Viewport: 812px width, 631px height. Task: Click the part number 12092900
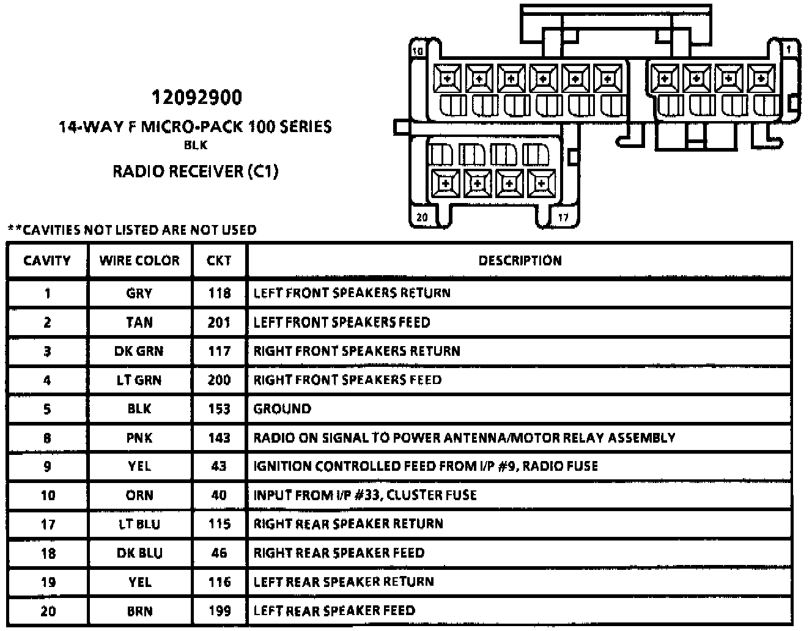196,98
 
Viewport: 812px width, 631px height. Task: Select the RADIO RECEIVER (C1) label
195,171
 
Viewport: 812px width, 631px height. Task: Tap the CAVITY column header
47,260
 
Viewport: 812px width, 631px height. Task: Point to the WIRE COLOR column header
139,260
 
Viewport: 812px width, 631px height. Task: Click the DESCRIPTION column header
520,260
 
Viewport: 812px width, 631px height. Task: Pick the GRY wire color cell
139,293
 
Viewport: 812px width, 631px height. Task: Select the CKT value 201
219,322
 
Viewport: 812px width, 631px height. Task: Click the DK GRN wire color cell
139,351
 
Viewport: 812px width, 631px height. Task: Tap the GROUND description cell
282,408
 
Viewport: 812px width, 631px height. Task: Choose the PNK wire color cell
139,438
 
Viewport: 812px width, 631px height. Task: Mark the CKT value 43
219,466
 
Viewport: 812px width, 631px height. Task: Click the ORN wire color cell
139,495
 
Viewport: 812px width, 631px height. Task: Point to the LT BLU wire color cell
139,524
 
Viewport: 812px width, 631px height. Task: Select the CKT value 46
219,553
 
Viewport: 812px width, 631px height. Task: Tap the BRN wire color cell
139,610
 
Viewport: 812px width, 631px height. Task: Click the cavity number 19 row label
47,581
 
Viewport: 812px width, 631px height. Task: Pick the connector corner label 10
418,51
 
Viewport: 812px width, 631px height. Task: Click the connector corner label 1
789,48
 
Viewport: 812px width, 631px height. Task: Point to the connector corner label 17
563,217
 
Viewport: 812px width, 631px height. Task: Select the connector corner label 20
422,217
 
